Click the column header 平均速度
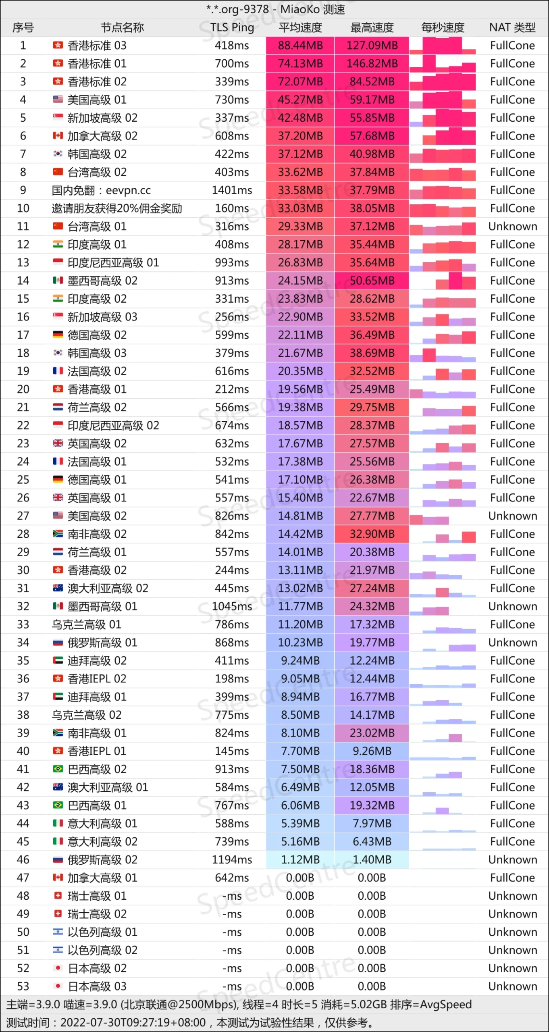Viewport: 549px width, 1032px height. (300, 27)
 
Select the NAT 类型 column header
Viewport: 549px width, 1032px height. (512, 27)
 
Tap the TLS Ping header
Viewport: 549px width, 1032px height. (232, 27)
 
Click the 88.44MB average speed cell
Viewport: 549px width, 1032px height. (300, 46)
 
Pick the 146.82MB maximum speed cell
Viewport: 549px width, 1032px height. (372, 64)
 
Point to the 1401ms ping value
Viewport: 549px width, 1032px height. (232, 190)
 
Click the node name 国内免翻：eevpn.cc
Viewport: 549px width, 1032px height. (101, 190)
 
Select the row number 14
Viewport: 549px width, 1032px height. (23, 281)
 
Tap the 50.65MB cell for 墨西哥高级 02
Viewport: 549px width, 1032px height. (372, 281)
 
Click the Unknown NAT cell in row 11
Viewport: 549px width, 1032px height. (512, 227)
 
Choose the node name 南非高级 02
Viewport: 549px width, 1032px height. (97, 534)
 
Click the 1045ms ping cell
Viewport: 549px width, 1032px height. (232, 606)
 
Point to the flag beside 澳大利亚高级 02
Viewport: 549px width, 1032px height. (58, 588)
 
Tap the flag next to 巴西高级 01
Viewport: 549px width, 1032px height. (58, 805)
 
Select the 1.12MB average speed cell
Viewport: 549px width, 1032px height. (300, 860)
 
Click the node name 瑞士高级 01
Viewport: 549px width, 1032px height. (97, 896)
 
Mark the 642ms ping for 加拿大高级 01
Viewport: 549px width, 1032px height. (232, 878)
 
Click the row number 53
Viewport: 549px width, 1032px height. (23, 986)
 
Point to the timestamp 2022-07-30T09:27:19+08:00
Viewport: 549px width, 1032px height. (133, 1023)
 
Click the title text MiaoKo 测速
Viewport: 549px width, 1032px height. (312, 9)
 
